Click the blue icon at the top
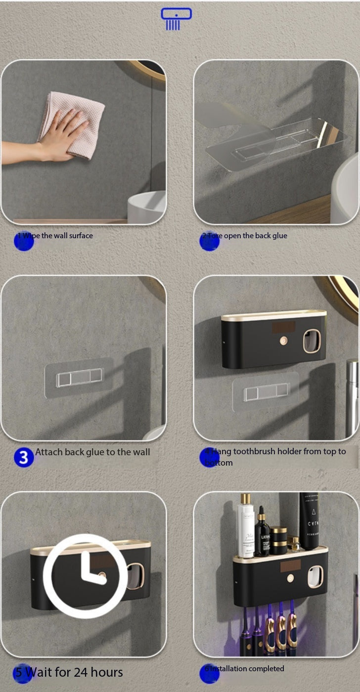click(176, 18)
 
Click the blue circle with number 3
click(24, 458)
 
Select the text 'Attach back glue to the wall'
click(92, 452)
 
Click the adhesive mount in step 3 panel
click(79, 378)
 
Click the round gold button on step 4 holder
click(284, 340)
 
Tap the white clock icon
click(82, 575)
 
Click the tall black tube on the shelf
click(309, 521)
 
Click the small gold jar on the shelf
click(279, 541)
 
